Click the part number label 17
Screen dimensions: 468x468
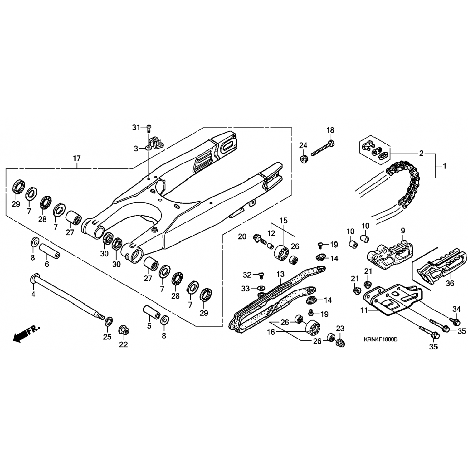77,158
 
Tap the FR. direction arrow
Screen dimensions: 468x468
27,333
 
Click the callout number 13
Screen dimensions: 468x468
280,274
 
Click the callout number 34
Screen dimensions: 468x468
456,309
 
